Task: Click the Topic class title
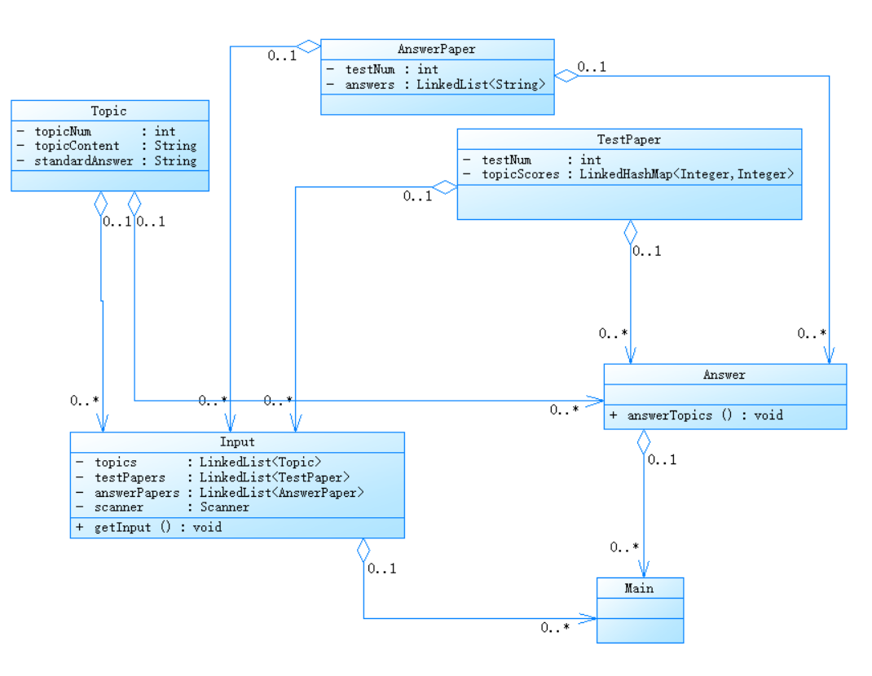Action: pyautogui.click(x=109, y=111)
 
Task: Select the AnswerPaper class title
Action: pyautogui.click(x=437, y=50)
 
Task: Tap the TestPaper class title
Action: pyautogui.click(x=629, y=139)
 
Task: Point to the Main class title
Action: pyautogui.click(x=640, y=588)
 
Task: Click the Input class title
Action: pyautogui.click(x=237, y=442)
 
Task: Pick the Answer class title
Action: pyautogui.click(x=724, y=375)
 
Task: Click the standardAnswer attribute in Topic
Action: pyautogui.click(x=84, y=160)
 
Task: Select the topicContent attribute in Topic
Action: pyautogui.click(x=77, y=146)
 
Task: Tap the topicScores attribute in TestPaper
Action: pyautogui.click(x=521, y=173)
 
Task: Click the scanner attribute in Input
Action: pyautogui.click(x=119, y=507)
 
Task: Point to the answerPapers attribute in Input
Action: pyautogui.click(x=137, y=492)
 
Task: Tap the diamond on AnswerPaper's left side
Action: pyautogui.click(x=309, y=46)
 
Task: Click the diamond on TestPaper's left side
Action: pyautogui.click(x=445, y=188)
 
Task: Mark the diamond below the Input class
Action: pyautogui.click(x=363, y=551)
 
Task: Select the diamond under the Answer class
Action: pyautogui.click(x=644, y=441)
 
